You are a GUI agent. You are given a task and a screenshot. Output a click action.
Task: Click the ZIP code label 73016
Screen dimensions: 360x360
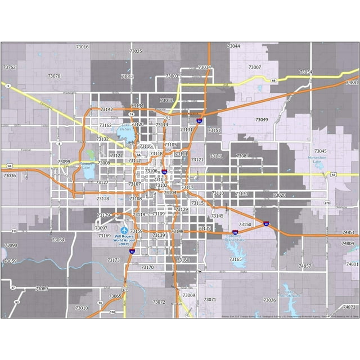click(x=82, y=47)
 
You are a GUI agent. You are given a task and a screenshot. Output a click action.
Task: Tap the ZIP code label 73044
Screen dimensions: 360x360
click(x=233, y=46)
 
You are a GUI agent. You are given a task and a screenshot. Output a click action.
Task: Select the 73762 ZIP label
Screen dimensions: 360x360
click(x=10, y=67)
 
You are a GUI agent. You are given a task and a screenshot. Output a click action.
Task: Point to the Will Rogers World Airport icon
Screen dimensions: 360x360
click(x=125, y=231)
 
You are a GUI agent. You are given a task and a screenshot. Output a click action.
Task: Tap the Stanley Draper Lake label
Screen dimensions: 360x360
click(x=235, y=238)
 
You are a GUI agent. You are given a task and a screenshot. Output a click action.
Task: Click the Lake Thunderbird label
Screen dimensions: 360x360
click(x=292, y=293)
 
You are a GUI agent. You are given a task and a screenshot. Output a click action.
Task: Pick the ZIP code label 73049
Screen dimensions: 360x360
click(x=262, y=120)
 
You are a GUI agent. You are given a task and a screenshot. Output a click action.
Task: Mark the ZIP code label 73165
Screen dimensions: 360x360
click(x=236, y=259)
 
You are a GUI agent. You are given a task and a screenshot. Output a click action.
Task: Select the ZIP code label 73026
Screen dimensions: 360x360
click(x=269, y=300)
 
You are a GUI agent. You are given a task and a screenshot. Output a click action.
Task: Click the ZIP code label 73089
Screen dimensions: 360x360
click(x=42, y=289)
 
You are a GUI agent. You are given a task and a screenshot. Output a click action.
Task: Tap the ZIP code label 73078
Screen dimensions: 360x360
click(x=54, y=76)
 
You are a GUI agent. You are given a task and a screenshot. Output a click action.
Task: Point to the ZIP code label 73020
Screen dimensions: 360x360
click(x=279, y=195)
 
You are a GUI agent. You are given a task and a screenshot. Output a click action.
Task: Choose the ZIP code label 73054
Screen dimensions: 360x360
click(x=305, y=72)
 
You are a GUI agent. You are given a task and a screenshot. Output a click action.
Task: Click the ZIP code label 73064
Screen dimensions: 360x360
click(x=58, y=240)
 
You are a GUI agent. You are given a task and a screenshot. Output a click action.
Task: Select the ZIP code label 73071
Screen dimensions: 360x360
click(x=209, y=300)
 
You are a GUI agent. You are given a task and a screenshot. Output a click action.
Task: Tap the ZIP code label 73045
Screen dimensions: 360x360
click(x=320, y=151)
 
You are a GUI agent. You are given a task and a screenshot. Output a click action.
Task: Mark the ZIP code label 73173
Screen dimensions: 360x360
click(x=113, y=260)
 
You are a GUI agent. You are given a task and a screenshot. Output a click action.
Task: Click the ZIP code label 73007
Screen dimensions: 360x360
click(x=255, y=67)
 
